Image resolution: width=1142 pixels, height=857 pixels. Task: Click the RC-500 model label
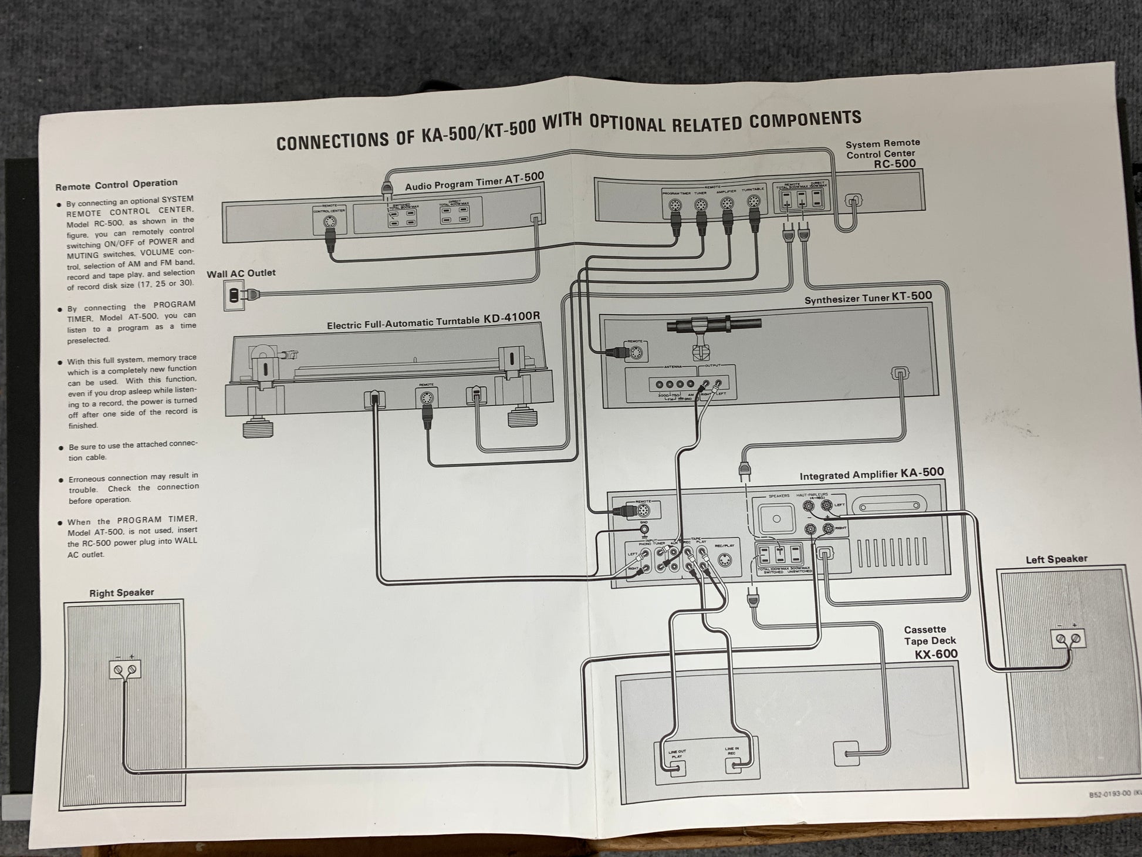point(895,164)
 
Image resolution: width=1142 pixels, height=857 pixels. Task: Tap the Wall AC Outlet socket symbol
point(234,295)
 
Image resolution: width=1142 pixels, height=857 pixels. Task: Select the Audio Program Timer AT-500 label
point(475,182)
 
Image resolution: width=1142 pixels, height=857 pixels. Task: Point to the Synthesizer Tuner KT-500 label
point(868,298)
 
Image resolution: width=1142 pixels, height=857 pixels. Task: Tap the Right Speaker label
point(121,593)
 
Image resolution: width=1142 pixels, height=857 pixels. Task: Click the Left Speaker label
point(1056,559)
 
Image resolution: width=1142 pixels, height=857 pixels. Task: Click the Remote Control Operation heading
point(116,185)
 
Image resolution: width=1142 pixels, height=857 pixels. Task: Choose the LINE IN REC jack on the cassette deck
point(734,765)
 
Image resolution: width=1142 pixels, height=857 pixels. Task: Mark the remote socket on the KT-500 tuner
point(636,353)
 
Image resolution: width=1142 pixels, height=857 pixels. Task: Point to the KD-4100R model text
point(512,317)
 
